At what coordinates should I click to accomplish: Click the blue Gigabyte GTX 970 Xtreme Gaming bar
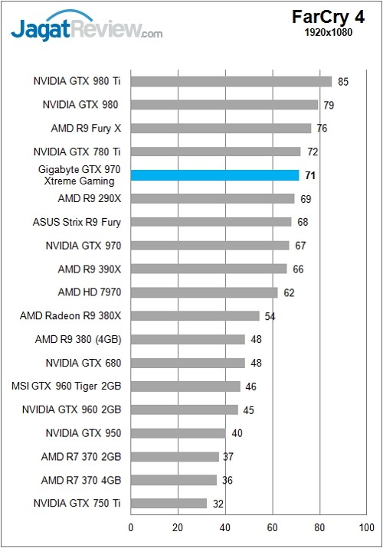pos(214,175)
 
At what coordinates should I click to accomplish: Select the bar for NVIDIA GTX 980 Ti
pos(231,81)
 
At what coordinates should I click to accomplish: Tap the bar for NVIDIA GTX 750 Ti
pos(169,504)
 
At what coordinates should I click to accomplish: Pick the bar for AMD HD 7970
pos(205,292)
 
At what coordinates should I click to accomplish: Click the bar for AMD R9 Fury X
pos(221,128)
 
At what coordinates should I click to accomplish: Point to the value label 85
pos(343,81)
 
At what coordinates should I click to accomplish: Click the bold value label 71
pos(310,175)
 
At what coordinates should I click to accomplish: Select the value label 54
pos(270,316)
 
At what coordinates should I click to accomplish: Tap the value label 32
pos(218,504)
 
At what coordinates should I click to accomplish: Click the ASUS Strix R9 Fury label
pos(77,222)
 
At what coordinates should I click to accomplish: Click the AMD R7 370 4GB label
pos(81,480)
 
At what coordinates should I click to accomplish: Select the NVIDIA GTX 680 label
pos(83,363)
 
